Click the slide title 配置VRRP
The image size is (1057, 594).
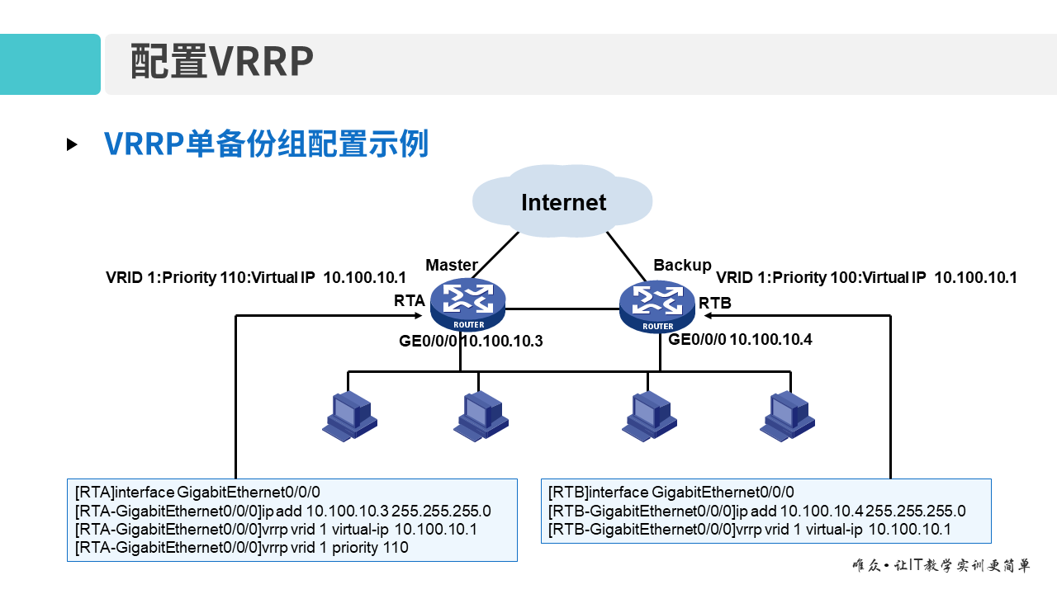point(222,62)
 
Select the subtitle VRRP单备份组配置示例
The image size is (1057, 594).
point(266,144)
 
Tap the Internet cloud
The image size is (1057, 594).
point(563,202)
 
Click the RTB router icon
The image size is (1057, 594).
point(658,306)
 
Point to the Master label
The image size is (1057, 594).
point(451,265)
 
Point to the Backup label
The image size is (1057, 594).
point(682,265)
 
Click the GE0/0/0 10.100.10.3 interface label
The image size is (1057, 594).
point(472,340)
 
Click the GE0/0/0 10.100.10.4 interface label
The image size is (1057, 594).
point(740,339)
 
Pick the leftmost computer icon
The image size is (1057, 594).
point(349,415)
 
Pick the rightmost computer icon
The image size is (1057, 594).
point(788,415)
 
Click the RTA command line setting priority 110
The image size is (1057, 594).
point(242,547)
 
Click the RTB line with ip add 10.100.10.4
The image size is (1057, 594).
point(756,511)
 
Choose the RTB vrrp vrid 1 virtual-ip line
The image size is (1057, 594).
point(750,529)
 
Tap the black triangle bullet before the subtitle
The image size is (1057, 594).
point(72,144)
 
